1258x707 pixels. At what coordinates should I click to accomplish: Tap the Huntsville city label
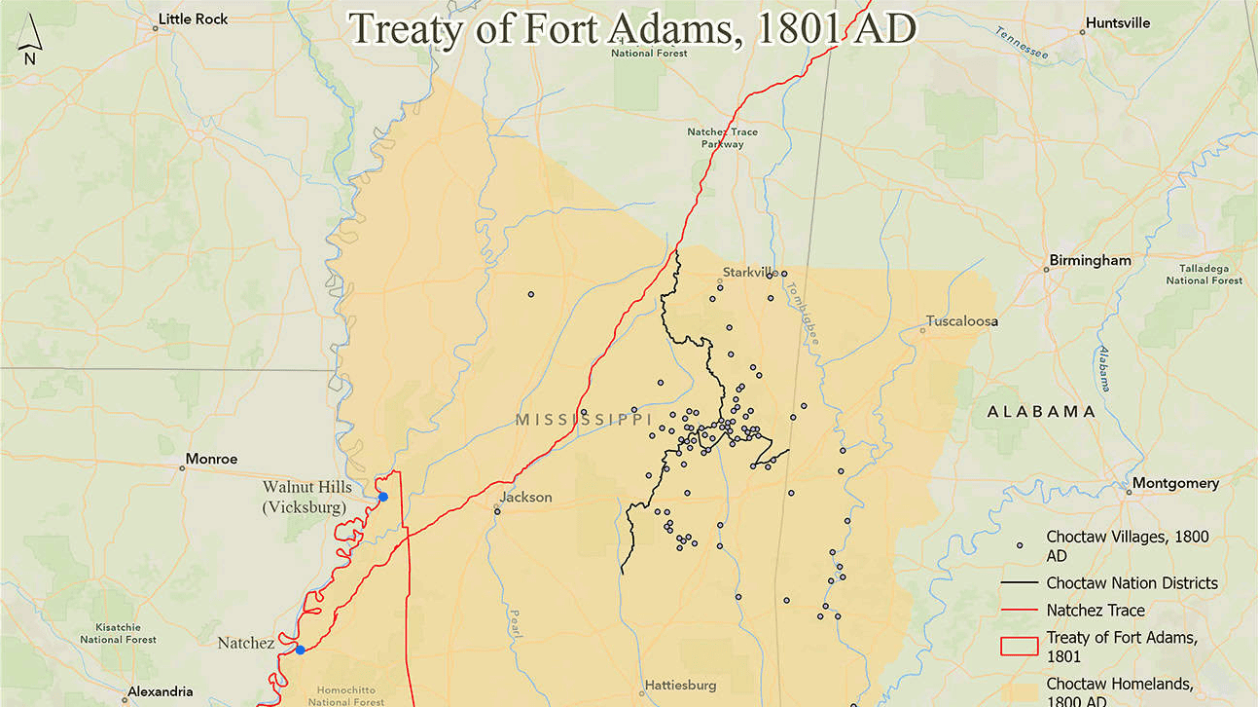[x=1117, y=22]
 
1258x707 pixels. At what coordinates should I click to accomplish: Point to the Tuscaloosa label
[x=962, y=320]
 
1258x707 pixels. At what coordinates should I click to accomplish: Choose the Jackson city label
[x=525, y=497]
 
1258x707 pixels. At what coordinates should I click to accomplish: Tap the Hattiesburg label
[x=679, y=686]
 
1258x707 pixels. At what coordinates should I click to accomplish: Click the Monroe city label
[x=211, y=459]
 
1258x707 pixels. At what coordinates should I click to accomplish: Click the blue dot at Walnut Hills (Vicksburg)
[x=383, y=497]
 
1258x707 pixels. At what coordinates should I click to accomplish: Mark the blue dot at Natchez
[x=300, y=650]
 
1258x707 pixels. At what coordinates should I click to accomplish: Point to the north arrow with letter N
[x=30, y=44]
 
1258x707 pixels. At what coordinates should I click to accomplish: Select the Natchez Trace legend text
[x=1096, y=611]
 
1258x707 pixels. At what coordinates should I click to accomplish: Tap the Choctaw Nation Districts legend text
[x=1132, y=583]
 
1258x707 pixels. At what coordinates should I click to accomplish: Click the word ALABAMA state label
[x=1041, y=411]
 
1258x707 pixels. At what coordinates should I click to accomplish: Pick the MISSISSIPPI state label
[x=583, y=419]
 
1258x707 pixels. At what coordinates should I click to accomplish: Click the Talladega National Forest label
[x=1204, y=274]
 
